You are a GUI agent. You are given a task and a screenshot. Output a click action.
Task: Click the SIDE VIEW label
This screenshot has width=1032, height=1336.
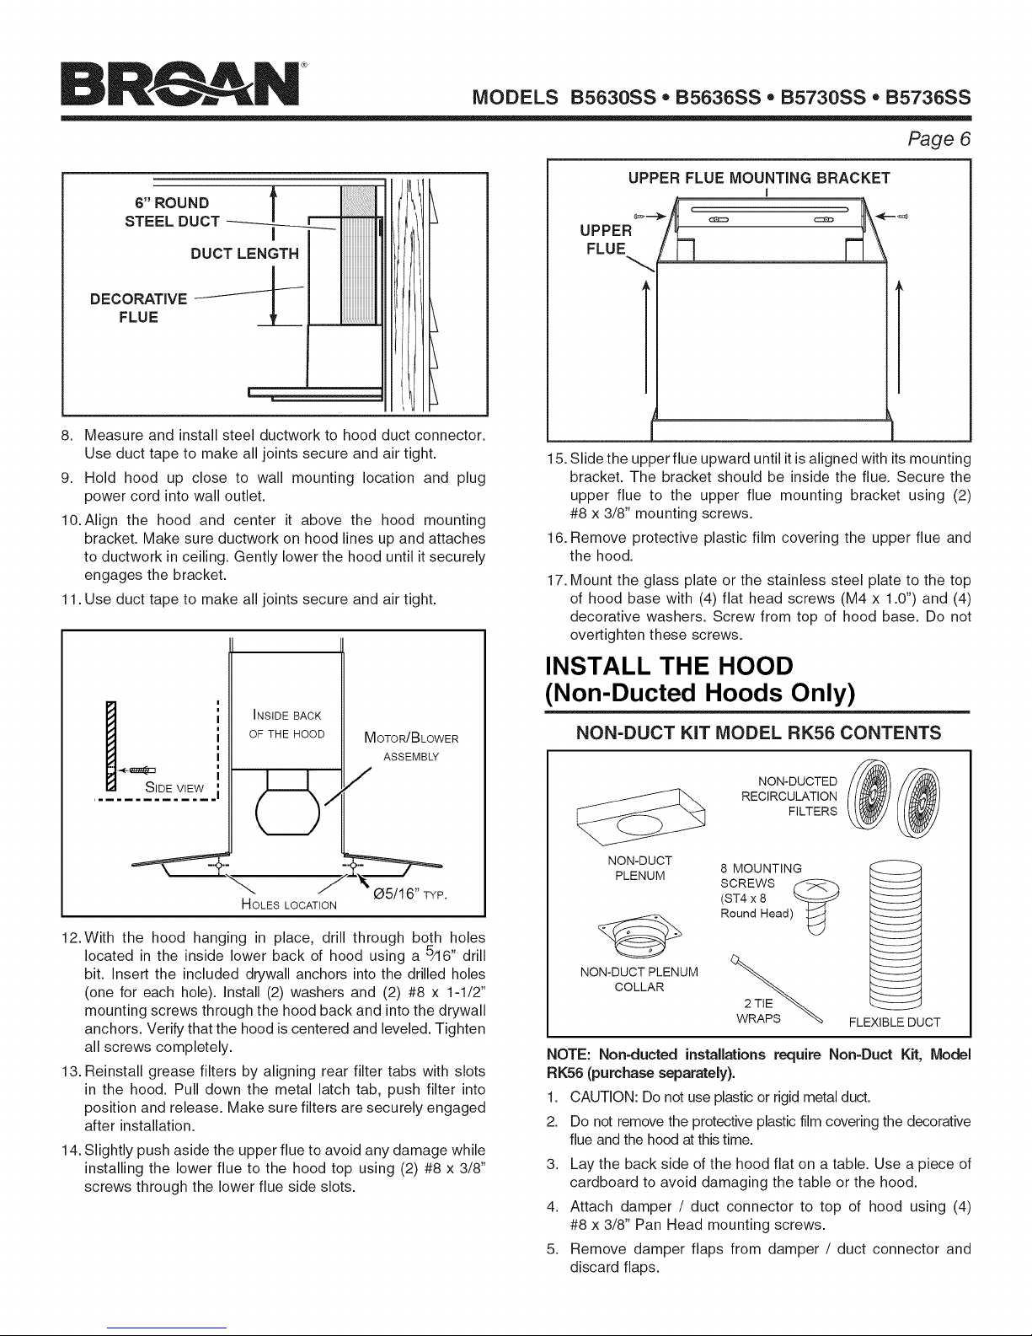(174, 787)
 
